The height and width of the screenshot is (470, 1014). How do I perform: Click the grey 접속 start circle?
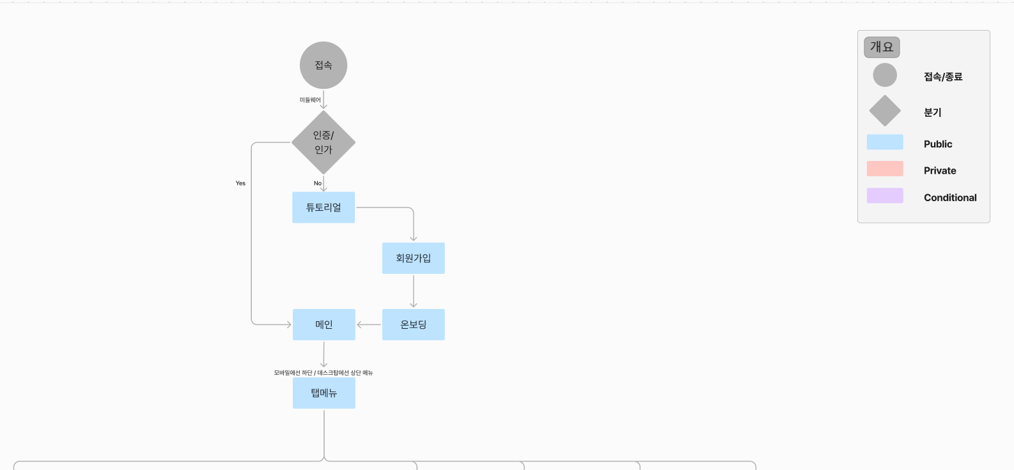click(324, 65)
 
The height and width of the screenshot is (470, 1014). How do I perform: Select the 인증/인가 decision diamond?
click(324, 142)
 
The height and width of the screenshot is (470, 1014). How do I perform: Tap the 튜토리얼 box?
click(324, 207)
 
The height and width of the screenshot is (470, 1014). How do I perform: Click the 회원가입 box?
click(413, 258)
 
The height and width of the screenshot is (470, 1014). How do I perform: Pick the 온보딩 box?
click(413, 324)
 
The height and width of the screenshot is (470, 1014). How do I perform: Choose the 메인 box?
click(324, 324)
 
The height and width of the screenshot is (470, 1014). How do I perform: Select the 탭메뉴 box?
click(324, 393)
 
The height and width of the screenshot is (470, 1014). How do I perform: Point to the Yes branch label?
click(240, 183)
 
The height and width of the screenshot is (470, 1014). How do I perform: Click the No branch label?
click(317, 183)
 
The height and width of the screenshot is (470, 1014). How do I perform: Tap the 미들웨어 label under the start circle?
click(310, 100)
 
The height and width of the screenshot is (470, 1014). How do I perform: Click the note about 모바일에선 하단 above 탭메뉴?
click(324, 373)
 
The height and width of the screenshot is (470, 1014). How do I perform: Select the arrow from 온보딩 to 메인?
click(369, 324)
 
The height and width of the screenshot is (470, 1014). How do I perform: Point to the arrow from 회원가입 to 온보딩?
click(413, 291)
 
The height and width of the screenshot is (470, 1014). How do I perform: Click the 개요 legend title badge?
click(882, 47)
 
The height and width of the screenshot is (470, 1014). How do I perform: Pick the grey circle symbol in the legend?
click(885, 75)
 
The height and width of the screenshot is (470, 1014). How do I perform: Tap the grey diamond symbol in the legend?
click(885, 111)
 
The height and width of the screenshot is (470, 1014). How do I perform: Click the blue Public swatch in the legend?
click(885, 142)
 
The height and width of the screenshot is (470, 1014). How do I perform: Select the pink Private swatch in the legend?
click(885, 169)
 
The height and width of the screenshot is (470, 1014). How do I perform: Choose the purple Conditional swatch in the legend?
click(885, 195)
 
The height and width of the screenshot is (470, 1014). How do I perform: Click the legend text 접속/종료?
click(943, 77)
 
